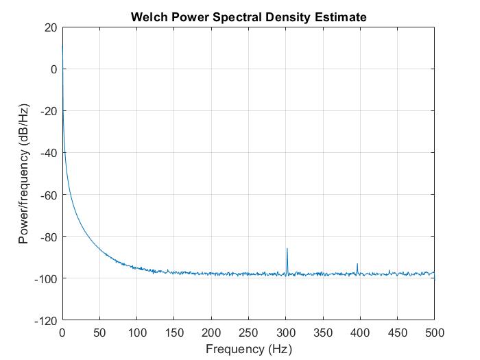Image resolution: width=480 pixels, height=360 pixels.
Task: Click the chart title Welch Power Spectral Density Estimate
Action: tap(248, 16)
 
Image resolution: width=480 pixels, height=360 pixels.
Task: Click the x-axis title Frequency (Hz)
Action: tap(248, 349)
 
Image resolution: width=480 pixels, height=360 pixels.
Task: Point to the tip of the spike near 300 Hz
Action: tap(287, 249)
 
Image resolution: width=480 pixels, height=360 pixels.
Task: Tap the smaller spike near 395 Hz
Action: tap(357, 264)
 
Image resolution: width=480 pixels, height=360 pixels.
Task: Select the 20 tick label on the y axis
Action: tap(49, 27)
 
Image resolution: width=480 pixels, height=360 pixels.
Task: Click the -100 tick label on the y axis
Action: tap(45, 278)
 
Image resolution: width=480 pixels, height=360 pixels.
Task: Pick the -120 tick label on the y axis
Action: tap(45, 320)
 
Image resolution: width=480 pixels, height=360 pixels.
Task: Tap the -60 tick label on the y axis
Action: tap(47, 195)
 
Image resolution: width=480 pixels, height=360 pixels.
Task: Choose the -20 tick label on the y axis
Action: tap(47, 111)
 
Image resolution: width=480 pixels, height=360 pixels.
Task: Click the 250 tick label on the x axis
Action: tap(248, 333)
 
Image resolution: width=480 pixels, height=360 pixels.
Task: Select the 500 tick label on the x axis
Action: tap(434, 333)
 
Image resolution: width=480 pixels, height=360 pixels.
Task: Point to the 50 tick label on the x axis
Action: tap(99, 333)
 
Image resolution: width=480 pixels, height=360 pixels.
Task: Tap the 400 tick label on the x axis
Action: tap(360, 333)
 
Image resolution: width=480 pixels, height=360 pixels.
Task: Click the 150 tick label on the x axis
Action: tap(174, 333)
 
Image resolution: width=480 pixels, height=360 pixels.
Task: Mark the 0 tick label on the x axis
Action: tap(62, 333)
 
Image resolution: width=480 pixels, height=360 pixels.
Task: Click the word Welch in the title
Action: tap(147, 16)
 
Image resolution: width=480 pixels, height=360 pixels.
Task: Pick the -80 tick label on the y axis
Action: tap(47, 237)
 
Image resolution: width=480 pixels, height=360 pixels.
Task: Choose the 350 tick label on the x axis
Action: tap(322, 333)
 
